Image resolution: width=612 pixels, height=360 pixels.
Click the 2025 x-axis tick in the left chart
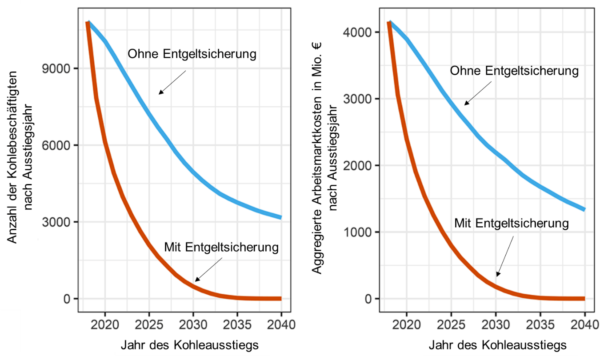149,324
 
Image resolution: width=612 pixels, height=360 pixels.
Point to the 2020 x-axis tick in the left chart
105,324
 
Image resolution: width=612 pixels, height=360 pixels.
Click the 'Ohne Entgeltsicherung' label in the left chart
192,54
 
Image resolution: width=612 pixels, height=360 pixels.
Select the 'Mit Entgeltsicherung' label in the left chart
221,247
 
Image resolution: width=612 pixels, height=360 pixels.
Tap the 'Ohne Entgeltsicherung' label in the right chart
514,71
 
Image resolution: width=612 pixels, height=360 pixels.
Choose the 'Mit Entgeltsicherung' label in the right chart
511,223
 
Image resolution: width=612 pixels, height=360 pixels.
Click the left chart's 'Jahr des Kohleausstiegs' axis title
192,345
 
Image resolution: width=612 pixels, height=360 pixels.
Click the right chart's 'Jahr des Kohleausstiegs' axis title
498,345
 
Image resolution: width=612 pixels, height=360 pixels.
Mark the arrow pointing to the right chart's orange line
505,256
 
